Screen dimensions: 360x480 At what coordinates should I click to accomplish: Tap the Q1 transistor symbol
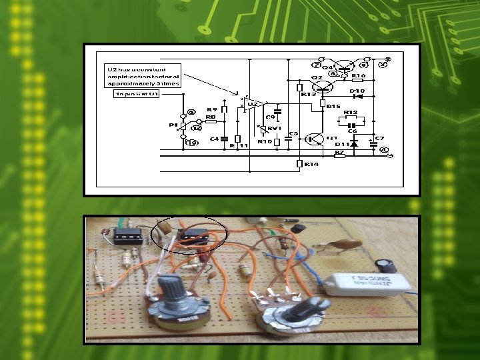pyautogui.click(x=313, y=139)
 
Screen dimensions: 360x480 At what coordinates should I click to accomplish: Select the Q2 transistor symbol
pyautogui.click(x=324, y=85)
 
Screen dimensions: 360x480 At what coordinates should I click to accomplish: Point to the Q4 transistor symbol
pyautogui.click(x=343, y=66)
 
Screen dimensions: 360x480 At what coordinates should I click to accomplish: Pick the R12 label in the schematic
pyautogui.click(x=351, y=112)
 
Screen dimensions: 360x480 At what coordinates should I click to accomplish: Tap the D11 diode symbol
pyautogui.click(x=354, y=142)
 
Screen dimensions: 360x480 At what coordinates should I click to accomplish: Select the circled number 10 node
pyautogui.click(x=192, y=143)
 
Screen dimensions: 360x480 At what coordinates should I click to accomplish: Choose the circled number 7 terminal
pyautogui.click(x=316, y=65)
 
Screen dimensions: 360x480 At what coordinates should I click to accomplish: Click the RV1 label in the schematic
pyautogui.click(x=271, y=129)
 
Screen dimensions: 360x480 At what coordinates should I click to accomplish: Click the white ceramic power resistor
pyautogui.click(x=371, y=282)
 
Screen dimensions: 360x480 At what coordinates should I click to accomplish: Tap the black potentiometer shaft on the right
pyautogui.click(x=308, y=310)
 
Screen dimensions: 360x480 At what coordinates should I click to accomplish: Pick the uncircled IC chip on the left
pyautogui.click(x=128, y=235)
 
